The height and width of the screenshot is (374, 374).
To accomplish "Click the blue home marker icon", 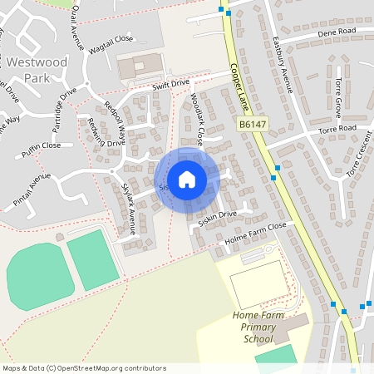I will coord(187,180).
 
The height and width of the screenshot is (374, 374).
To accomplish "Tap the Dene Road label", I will coord(337,32).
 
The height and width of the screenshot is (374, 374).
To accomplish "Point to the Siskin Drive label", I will coord(218,214).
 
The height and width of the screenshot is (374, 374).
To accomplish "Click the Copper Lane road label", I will coord(241,90).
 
